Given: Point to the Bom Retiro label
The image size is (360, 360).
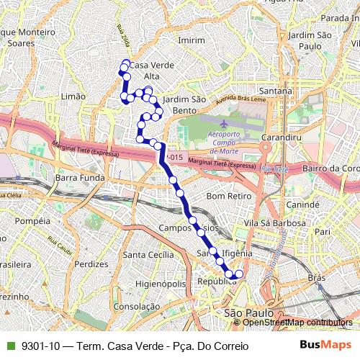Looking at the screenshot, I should (228, 196).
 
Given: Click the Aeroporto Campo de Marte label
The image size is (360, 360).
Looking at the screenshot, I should (228, 143).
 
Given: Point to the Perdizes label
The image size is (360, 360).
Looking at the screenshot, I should (91, 264).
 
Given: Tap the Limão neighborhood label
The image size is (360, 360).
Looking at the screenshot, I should (74, 96).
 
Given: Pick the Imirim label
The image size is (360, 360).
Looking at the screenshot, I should (192, 40).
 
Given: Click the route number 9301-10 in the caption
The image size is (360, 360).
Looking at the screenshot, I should (40, 346).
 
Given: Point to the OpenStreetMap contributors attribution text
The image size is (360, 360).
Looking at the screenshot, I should (297, 323).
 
